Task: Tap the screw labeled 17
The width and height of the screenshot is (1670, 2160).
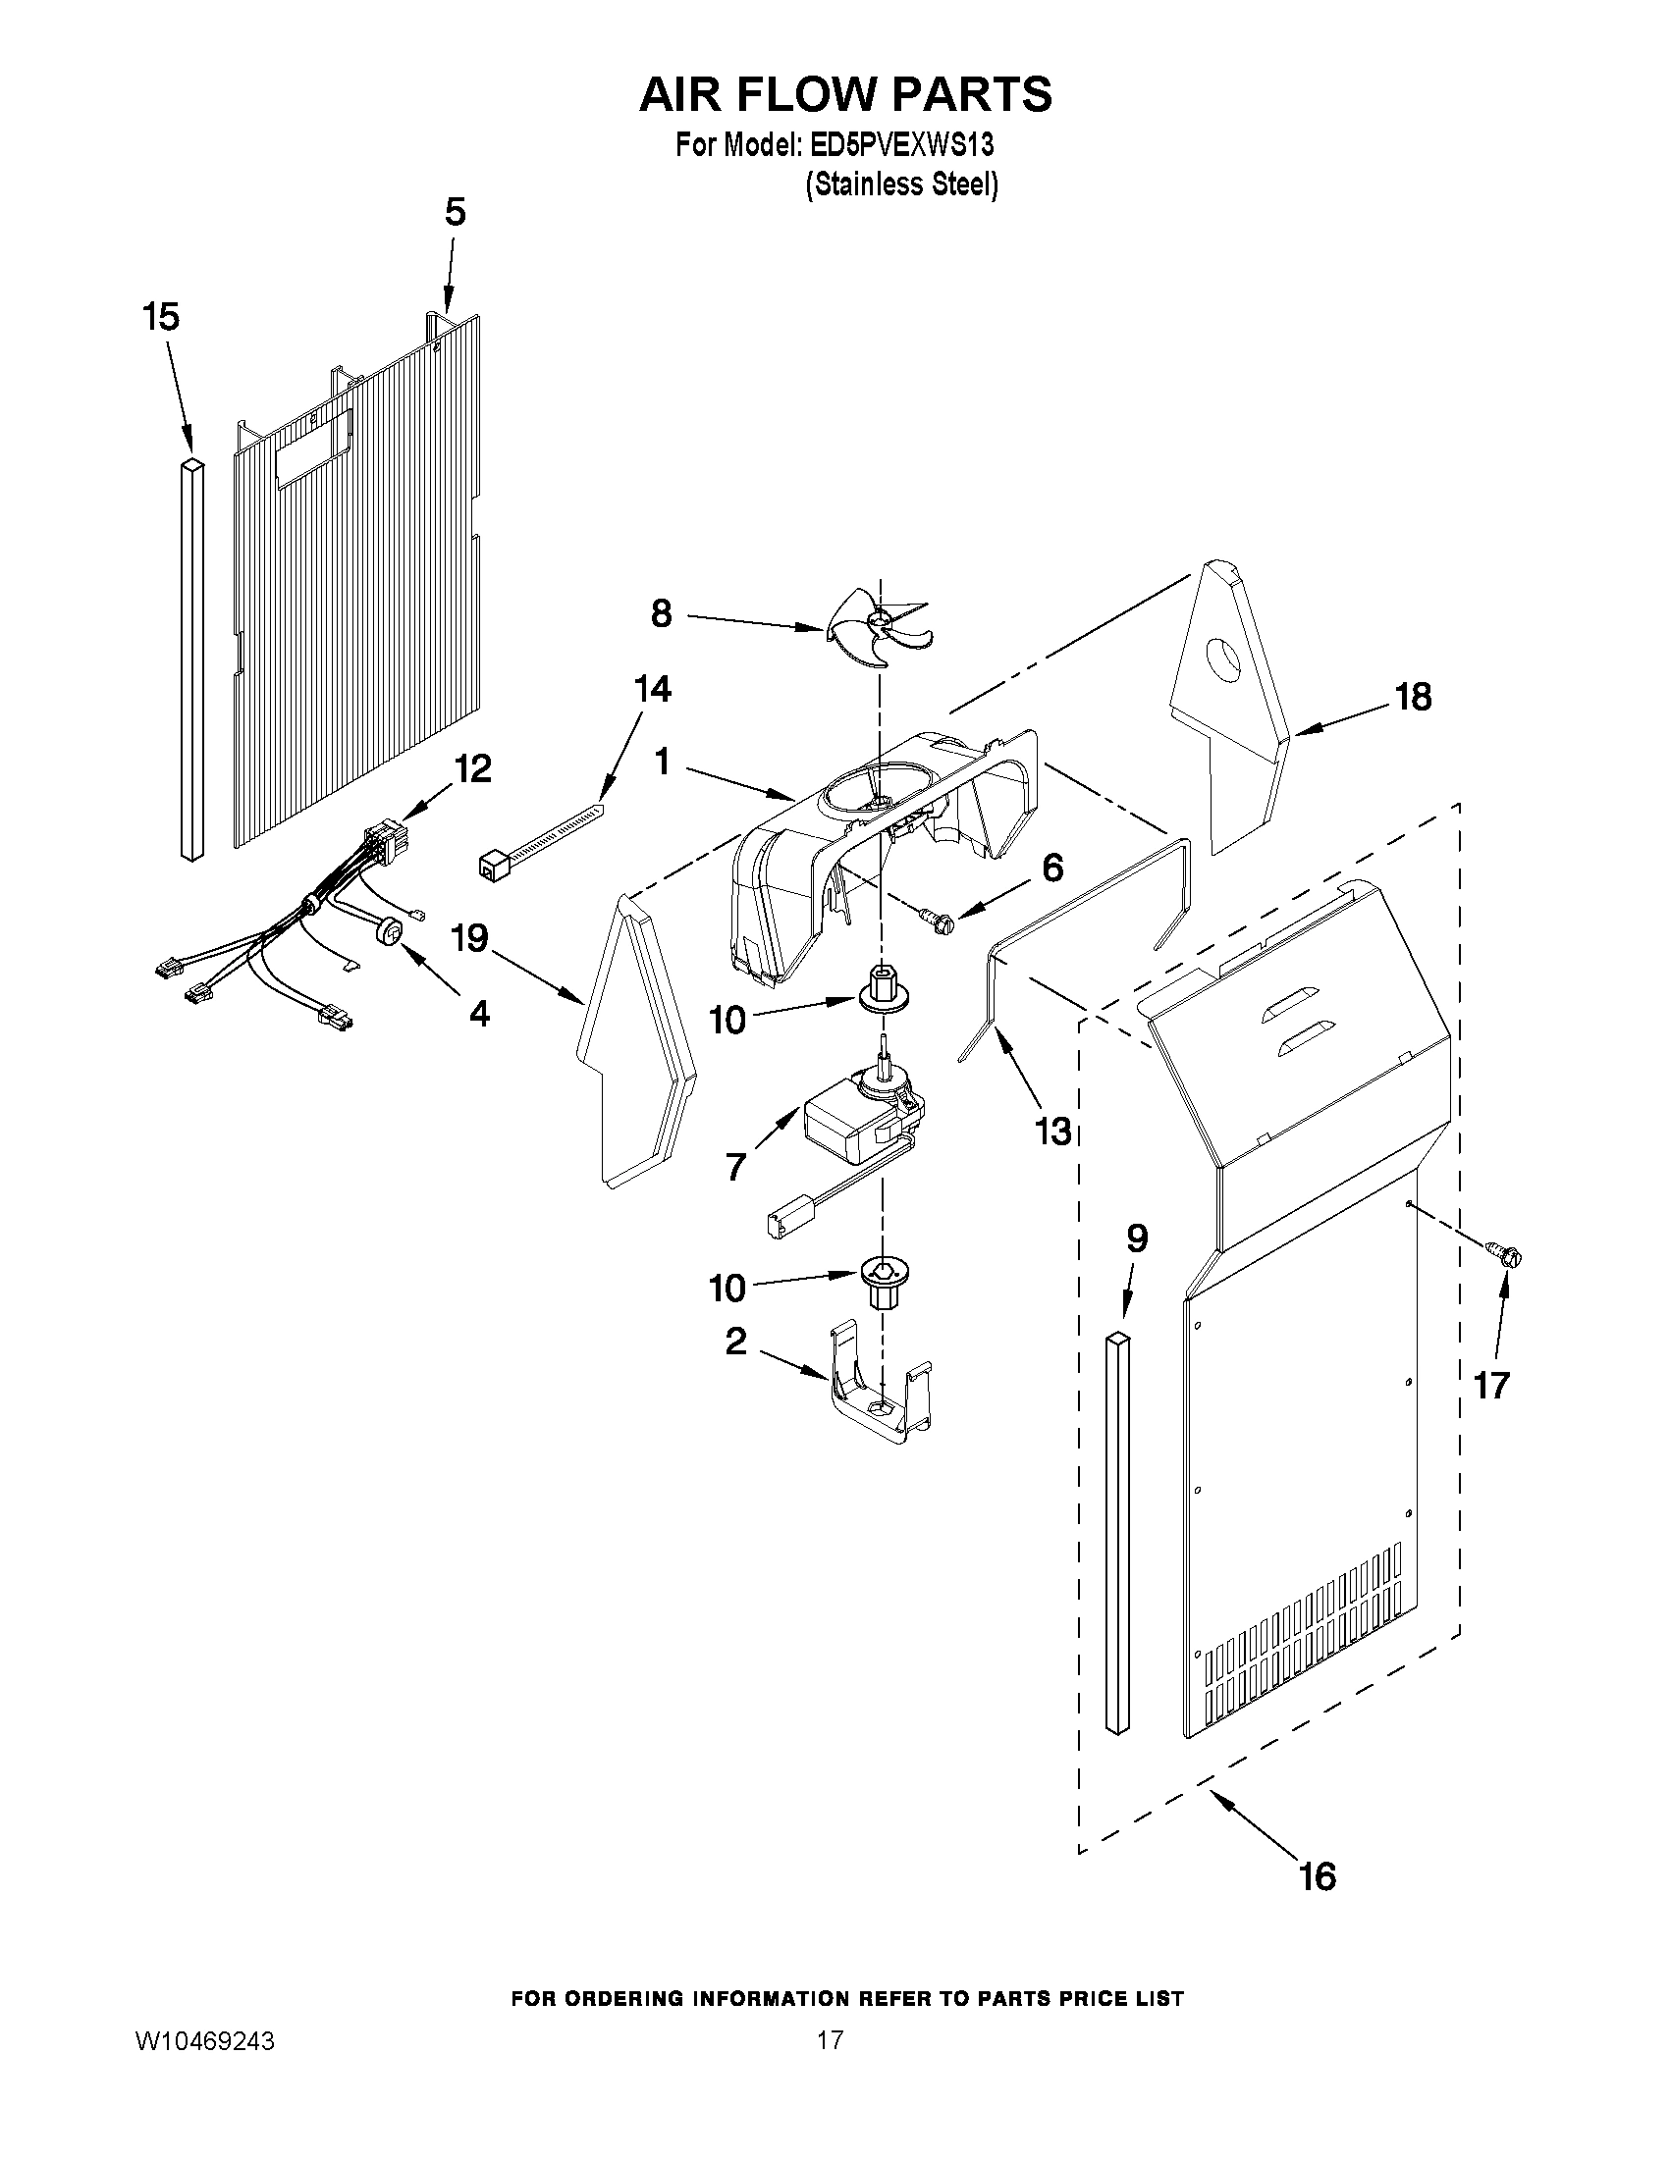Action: [1506, 1255]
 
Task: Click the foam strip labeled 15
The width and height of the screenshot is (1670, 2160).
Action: [190, 658]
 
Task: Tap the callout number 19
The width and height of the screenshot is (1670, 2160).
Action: [469, 937]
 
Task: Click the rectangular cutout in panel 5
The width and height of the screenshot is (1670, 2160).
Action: [313, 449]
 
